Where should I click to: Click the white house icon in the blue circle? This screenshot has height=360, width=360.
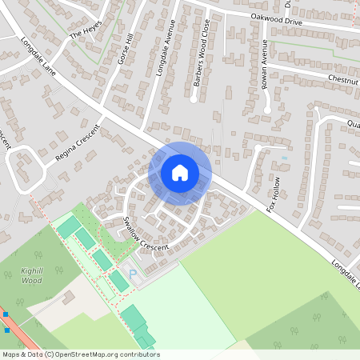(x=180, y=172)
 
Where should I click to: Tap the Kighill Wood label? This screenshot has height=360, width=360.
(x=31, y=276)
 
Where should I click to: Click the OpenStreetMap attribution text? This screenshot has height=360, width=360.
(x=80, y=354)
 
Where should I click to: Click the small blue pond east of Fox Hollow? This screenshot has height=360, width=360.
(x=283, y=158)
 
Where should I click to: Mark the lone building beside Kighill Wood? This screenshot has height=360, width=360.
(x=68, y=298)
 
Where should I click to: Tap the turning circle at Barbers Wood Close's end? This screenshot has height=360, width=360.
(x=194, y=100)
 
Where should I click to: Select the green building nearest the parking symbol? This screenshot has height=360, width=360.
(x=118, y=280)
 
